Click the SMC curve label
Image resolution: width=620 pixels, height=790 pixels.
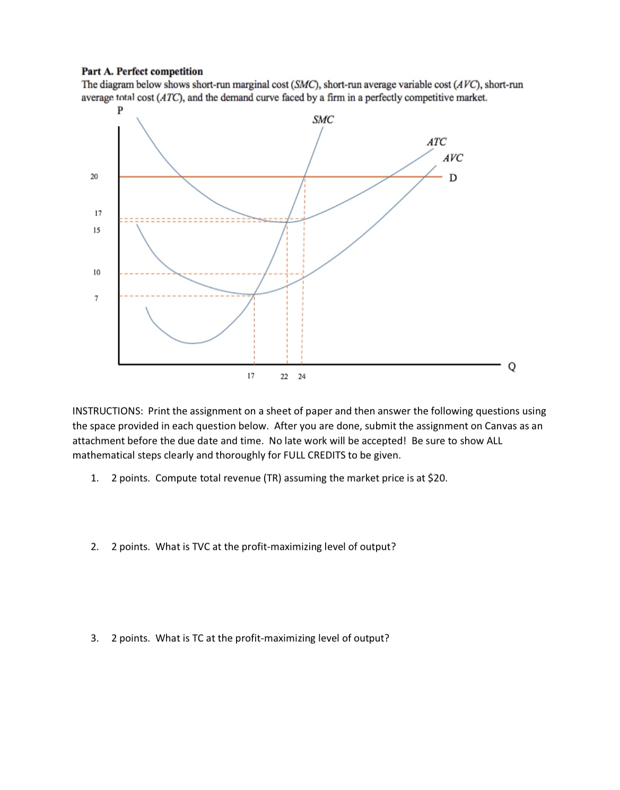pos(323,120)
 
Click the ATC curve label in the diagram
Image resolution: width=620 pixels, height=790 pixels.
pos(436,142)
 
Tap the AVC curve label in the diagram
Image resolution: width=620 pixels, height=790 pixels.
pos(452,158)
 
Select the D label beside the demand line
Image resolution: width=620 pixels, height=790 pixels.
pos(452,178)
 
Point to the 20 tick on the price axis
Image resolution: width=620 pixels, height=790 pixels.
pos(94,177)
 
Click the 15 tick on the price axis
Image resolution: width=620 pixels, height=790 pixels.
pos(97,230)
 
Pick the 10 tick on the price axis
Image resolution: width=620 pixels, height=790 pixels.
pos(97,272)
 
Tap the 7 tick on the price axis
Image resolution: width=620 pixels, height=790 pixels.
pos(97,298)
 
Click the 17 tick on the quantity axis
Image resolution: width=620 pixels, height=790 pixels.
pos(251,376)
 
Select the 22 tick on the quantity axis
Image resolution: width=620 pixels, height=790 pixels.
pos(284,377)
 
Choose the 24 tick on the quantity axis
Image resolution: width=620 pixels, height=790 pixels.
pos(302,377)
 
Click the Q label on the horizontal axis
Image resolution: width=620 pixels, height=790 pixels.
pos(511,367)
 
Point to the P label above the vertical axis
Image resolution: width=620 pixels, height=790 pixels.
pos(120,110)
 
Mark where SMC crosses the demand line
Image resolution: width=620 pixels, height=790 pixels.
pos(305,176)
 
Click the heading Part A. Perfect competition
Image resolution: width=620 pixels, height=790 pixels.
pos(142,72)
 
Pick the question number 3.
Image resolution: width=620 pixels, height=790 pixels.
pos(94,638)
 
